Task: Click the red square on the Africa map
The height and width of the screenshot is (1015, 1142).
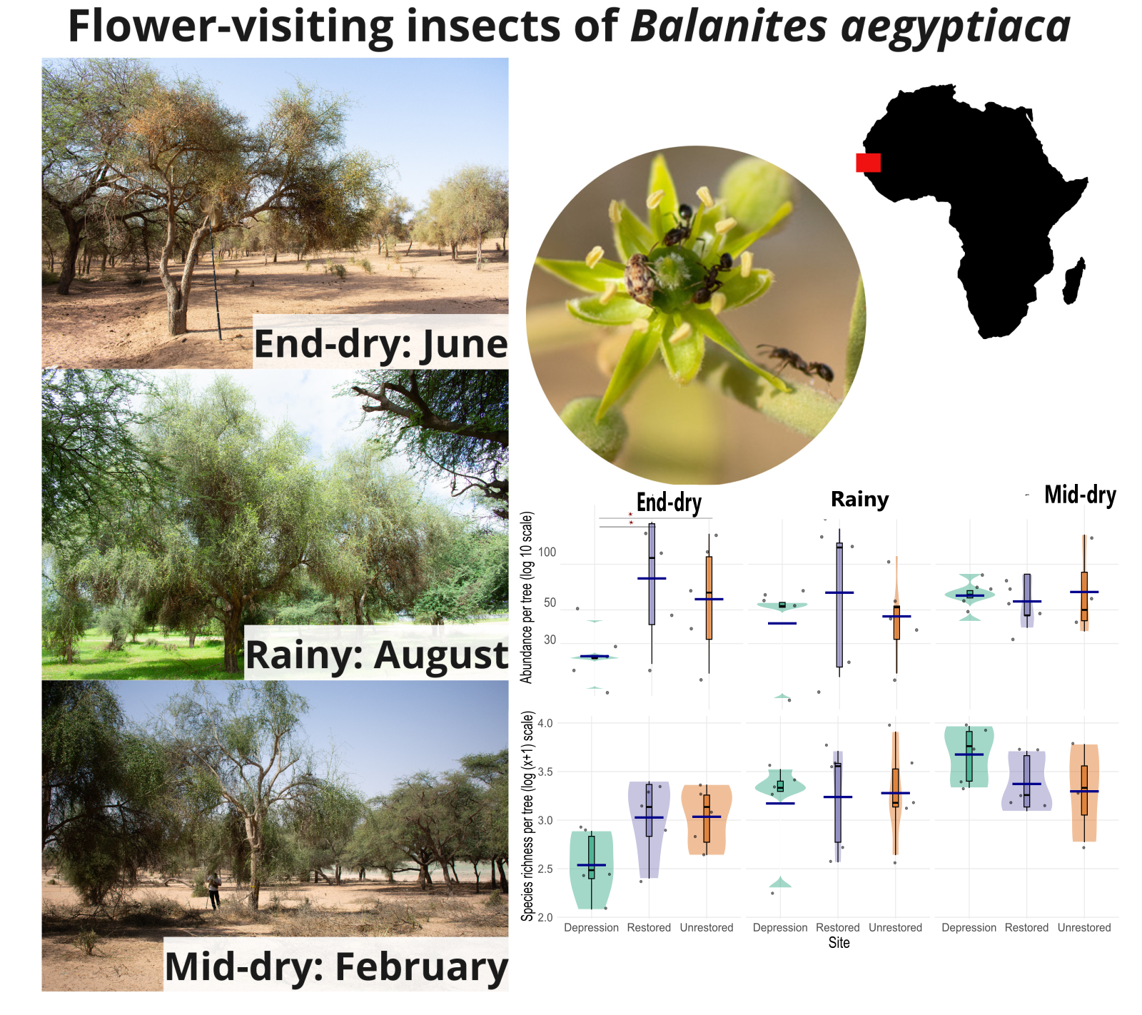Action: (868, 163)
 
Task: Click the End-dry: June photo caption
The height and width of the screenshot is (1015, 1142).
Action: (380, 343)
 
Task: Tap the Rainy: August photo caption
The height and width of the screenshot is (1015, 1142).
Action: (377, 655)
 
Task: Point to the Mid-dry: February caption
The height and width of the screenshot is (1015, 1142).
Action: (336, 966)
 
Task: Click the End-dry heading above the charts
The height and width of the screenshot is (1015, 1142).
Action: (669, 503)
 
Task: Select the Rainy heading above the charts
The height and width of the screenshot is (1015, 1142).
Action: (860, 499)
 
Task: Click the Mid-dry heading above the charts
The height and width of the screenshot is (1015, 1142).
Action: (1080, 495)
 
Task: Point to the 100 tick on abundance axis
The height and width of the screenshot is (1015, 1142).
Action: (547, 552)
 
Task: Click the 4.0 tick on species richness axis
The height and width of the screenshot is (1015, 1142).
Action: (545, 723)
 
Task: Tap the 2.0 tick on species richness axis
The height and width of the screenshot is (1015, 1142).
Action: (545, 917)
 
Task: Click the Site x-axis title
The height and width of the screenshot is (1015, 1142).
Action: (839, 943)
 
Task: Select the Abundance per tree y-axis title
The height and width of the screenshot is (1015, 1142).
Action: (527, 597)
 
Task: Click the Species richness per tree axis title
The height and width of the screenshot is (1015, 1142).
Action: (527, 816)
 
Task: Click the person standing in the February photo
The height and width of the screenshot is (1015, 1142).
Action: (213, 890)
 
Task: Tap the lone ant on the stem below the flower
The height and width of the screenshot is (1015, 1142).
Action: (795, 360)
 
